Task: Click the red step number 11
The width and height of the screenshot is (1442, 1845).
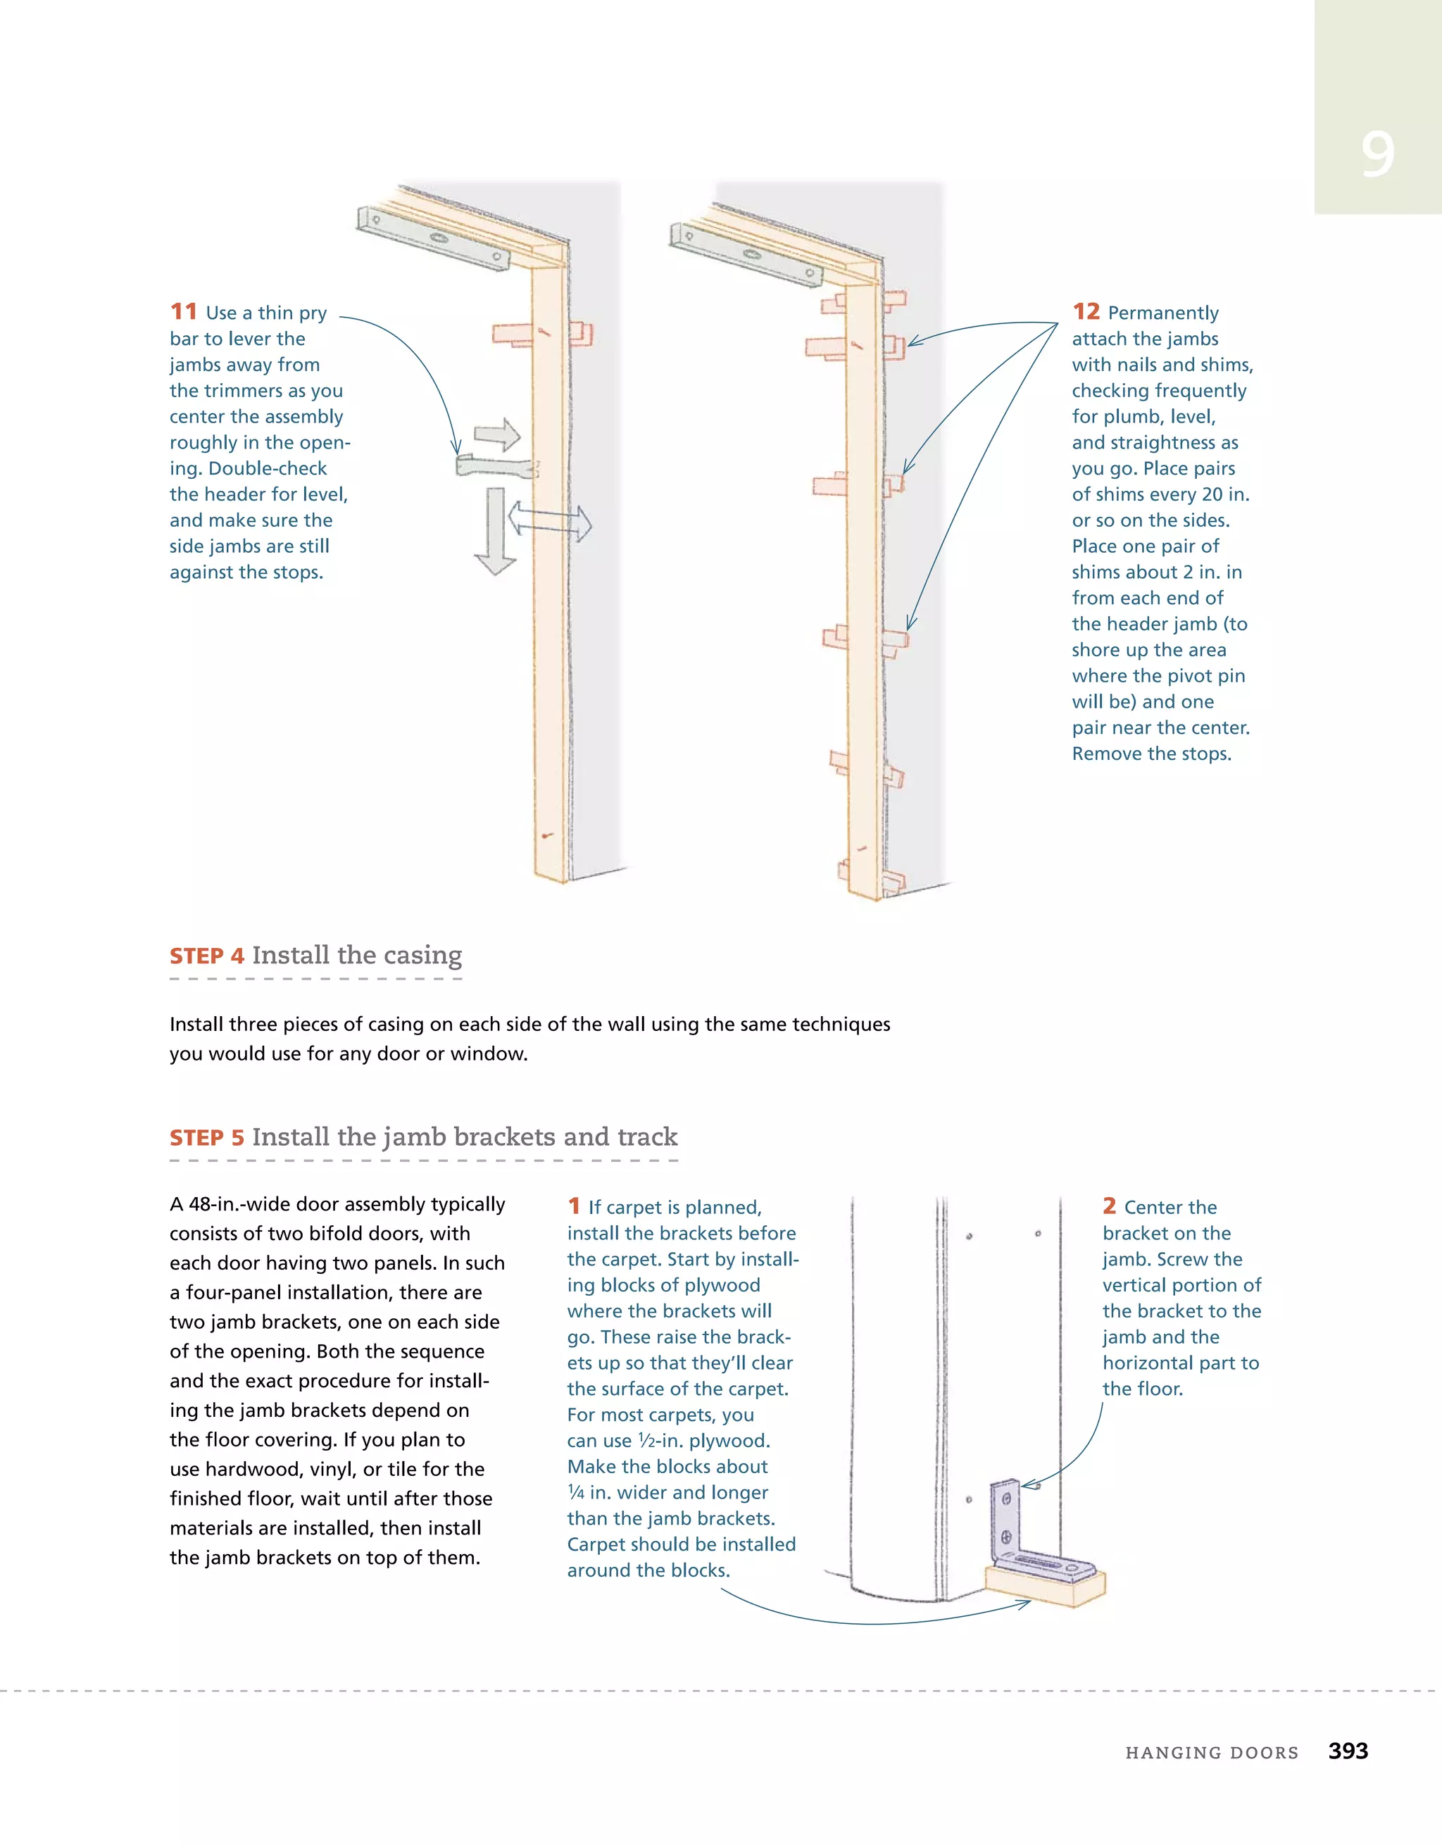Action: coord(183,312)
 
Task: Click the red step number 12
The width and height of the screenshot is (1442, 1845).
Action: coord(1086,312)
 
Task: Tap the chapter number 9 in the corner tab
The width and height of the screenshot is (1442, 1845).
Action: coord(1377,155)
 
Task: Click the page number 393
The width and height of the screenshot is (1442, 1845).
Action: coord(1348,1751)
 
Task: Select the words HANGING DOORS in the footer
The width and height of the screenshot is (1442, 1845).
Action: coord(1211,1753)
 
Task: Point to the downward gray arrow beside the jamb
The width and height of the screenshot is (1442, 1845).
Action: coord(495,532)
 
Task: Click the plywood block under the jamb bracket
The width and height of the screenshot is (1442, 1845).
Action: coord(1046,1588)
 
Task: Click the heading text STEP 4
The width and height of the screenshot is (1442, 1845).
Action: coord(207,956)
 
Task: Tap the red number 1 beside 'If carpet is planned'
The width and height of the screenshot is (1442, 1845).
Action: coord(574,1206)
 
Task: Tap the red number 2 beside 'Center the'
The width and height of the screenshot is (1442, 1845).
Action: coord(1109,1206)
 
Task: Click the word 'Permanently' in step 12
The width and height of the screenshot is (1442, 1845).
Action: coord(1162,313)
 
